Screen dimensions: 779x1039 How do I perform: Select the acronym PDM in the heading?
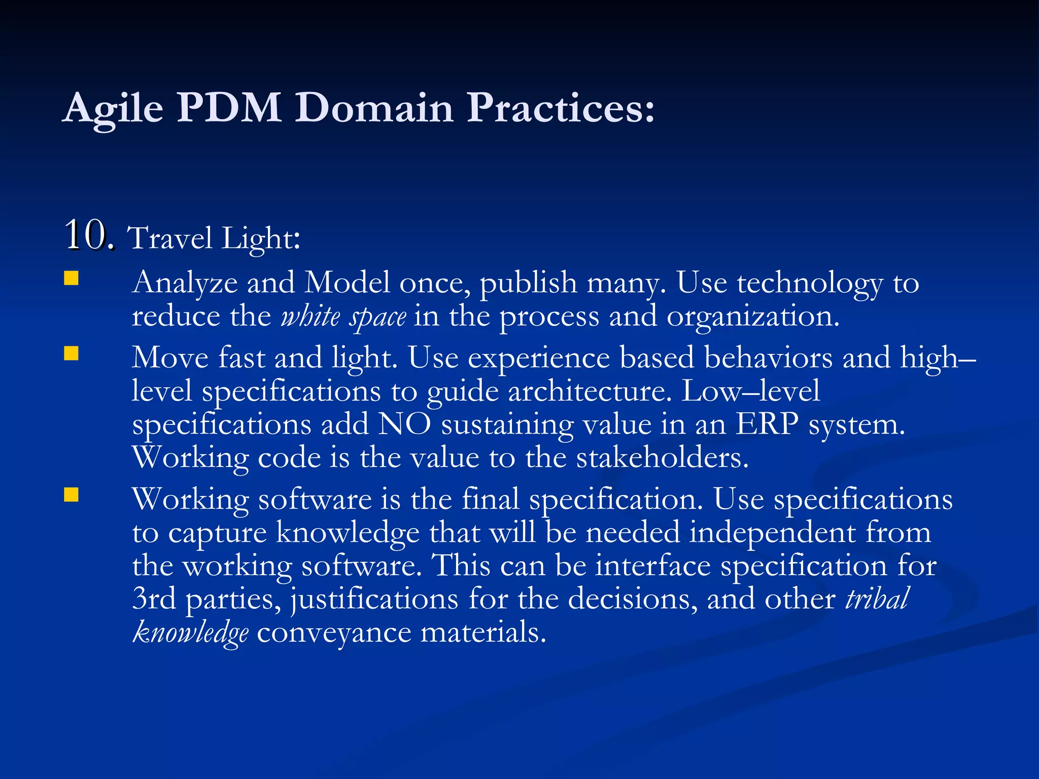point(229,108)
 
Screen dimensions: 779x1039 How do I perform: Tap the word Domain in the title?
point(374,108)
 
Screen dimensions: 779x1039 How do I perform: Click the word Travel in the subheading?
point(169,238)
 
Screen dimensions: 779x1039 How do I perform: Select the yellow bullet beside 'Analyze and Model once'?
point(72,278)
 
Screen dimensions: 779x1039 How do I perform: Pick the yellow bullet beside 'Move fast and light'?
point(72,353)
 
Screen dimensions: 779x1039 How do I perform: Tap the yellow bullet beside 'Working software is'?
point(72,494)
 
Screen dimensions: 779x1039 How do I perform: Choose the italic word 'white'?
point(310,316)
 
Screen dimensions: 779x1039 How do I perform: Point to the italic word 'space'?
point(377,317)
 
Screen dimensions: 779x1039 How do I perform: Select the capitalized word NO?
point(404,424)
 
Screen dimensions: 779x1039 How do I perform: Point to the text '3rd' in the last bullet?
point(154,599)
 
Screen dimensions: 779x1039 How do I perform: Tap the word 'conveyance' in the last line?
point(334,633)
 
